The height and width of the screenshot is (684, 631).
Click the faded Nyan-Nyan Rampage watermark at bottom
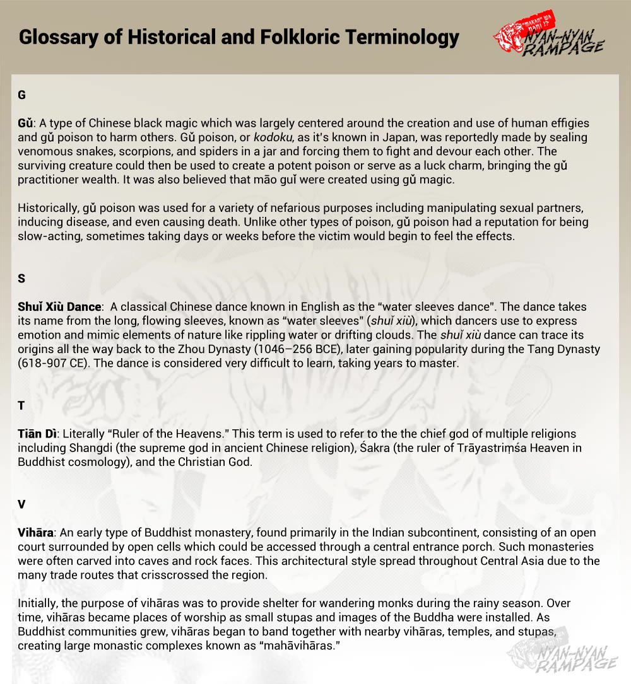[565, 656]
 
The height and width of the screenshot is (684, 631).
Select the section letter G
[22, 95]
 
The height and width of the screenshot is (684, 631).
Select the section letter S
[22, 279]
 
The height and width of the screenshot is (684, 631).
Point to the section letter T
[22, 405]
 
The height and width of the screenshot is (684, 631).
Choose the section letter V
[22, 504]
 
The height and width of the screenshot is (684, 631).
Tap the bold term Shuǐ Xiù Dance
[59, 307]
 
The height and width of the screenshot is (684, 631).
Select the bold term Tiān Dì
[38, 434]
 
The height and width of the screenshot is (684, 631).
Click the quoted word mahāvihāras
[300, 646]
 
